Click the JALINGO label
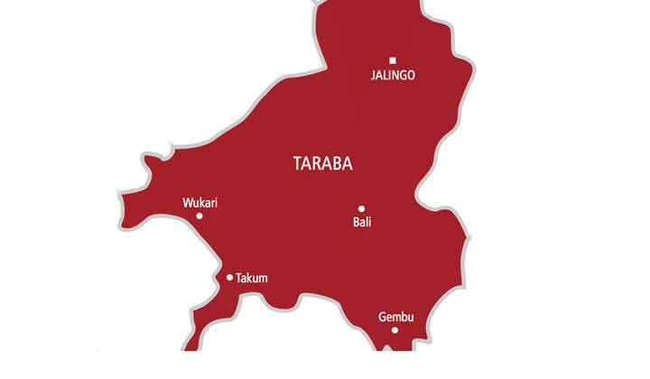coord(393,76)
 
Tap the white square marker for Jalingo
coord(393,60)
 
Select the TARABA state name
coord(323,164)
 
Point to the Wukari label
coord(200,203)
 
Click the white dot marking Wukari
coord(200,216)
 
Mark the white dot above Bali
coord(361,208)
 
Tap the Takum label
coord(251,279)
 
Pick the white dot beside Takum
coord(229,278)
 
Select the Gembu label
coord(395,317)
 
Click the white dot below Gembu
coord(395,330)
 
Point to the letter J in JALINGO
coord(373,76)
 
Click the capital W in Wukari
coord(187,203)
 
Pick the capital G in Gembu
coord(381,317)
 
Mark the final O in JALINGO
coord(411,76)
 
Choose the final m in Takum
coord(263,279)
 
